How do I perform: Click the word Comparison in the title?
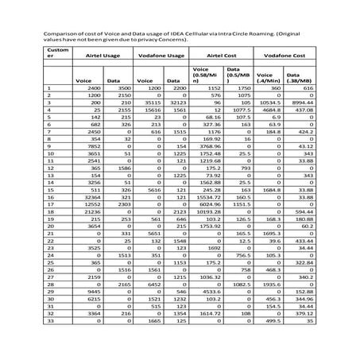(60, 35)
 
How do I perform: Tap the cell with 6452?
(153, 285)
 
